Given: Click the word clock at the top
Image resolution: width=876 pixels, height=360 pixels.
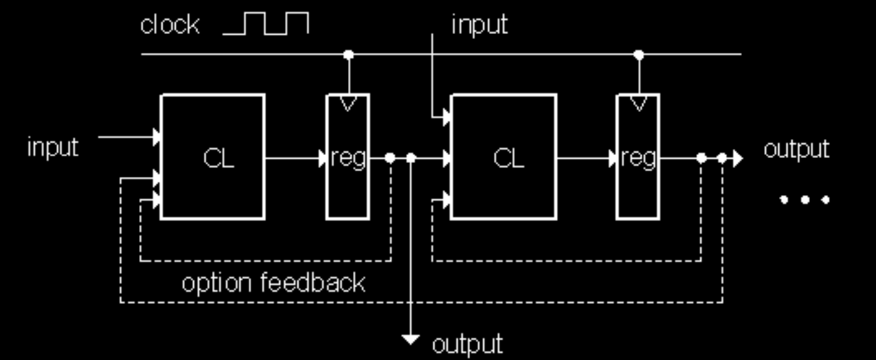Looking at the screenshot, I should pyautogui.click(x=169, y=25).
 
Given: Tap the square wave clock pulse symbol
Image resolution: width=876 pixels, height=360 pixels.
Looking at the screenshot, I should pyautogui.click(x=266, y=23).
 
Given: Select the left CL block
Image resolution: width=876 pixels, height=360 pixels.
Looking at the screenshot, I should pyautogui.click(x=212, y=157).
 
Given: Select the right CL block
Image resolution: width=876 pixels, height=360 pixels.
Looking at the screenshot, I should pyautogui.click(x=503, y=157).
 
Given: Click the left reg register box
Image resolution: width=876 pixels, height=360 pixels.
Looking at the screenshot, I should pyautogui.click(x=347, y=157).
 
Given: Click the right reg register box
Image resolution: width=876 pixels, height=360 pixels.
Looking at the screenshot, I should pyautogui.click(x=638, y=157).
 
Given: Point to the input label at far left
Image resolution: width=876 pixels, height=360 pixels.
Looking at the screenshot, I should pyautogui.click(x=53, y=148).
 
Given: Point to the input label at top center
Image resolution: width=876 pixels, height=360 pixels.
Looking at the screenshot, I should pyautogui.click(x=480, y=25).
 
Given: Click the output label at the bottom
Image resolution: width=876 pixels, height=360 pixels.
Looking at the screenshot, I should pyautogui.click(x=468, y=344).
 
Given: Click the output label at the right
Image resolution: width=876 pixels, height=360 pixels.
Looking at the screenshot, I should pyautogui.click(x=797, y=150).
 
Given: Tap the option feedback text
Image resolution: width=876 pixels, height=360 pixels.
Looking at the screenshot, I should pyautogui.click(x=273, y=283).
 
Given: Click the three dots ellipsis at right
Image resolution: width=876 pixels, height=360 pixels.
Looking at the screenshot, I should pyautogui.click(x=805, y=200).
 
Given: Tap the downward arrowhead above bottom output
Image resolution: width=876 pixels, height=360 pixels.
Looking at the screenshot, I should pyautogui.click(x=410, y=340).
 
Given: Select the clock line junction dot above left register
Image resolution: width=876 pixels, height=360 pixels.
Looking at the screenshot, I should pyautogui.click(x=348, y=55).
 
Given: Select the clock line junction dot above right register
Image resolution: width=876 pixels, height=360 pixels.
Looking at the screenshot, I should pyautogui.click(x=639, y=55).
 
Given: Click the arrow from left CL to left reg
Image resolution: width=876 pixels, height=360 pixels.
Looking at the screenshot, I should pyautogui.click(x=296, y=158).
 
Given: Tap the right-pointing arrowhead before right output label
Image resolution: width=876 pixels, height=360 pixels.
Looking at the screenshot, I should pyautogui.click(x=738, y=158).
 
